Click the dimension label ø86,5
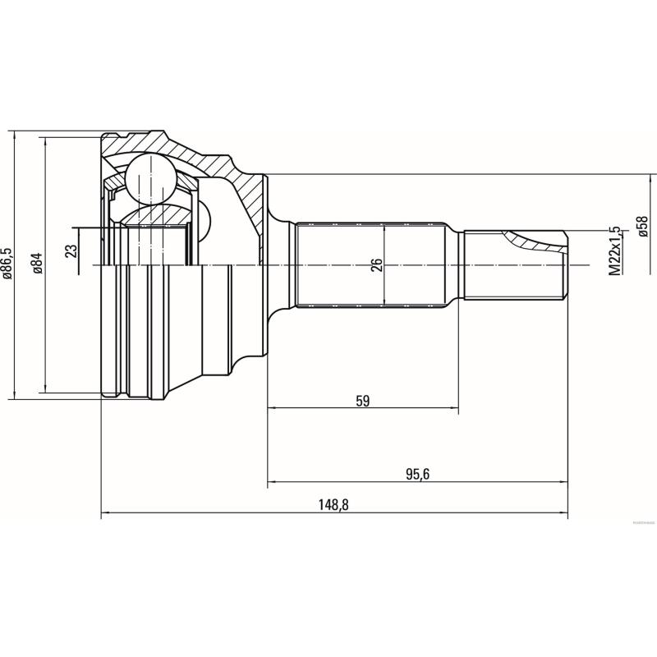pyautogui.click(x=7, y=264)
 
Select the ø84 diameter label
pyautogui.click(x=38, y=264)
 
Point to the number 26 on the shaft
pyautogui.click(x=377, y=265)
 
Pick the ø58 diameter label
pyautogui.click(x=643, y=226)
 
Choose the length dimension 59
pyautogui.click(x=363, y=401)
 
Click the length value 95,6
pyautogui.click(x=418, y=474)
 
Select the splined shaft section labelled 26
pyautogui.click(x=374, y=264)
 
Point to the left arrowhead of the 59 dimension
pyautogui.click(x=272, y=408)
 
